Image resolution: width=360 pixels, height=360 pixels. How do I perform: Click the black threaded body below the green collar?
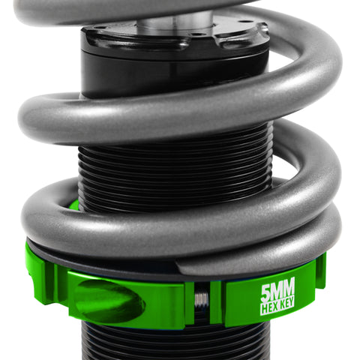click(x=172, y=341)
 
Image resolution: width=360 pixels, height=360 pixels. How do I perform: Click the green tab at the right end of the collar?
click(x=320, y=270)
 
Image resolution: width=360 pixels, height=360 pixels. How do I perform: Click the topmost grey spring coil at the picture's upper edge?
click(x=112, y=9)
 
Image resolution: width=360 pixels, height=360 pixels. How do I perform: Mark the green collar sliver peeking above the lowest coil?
click(x=73, y=204)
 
